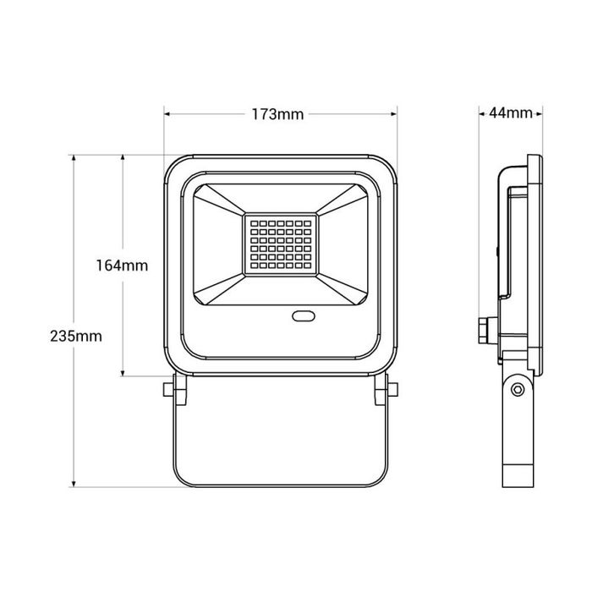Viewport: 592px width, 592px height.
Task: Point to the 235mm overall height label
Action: (75, 335)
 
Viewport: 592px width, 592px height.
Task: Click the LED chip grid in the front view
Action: (280, 244)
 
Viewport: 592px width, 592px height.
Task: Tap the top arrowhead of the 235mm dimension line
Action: (75, 159)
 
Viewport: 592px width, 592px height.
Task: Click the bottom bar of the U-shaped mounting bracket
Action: (280, 483)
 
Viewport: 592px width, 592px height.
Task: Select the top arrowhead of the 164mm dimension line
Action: (123, 159)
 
